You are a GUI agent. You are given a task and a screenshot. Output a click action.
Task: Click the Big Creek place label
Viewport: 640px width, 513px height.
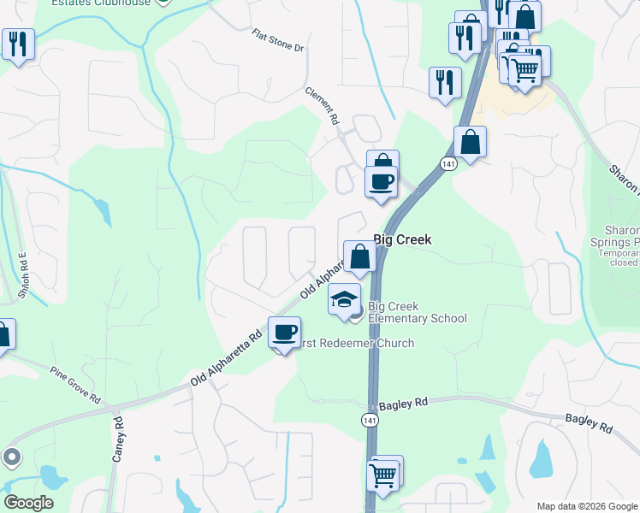click(402, 240)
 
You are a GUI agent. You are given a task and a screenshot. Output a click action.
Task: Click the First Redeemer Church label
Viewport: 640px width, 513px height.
click(354, 344)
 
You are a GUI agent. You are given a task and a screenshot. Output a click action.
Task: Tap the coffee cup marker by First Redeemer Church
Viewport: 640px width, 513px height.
click(284, 332)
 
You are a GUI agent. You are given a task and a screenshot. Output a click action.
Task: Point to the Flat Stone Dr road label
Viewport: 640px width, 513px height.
click(278, 40)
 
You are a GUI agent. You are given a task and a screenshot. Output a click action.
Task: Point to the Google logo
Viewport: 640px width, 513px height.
click(28, 503)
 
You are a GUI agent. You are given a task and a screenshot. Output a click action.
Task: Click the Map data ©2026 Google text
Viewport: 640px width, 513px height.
click(587, 506)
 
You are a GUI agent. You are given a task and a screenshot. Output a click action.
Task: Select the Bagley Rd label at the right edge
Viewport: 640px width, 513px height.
click(589, 423)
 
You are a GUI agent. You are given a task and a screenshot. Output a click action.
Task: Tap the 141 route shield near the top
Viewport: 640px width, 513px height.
click(448, 162)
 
